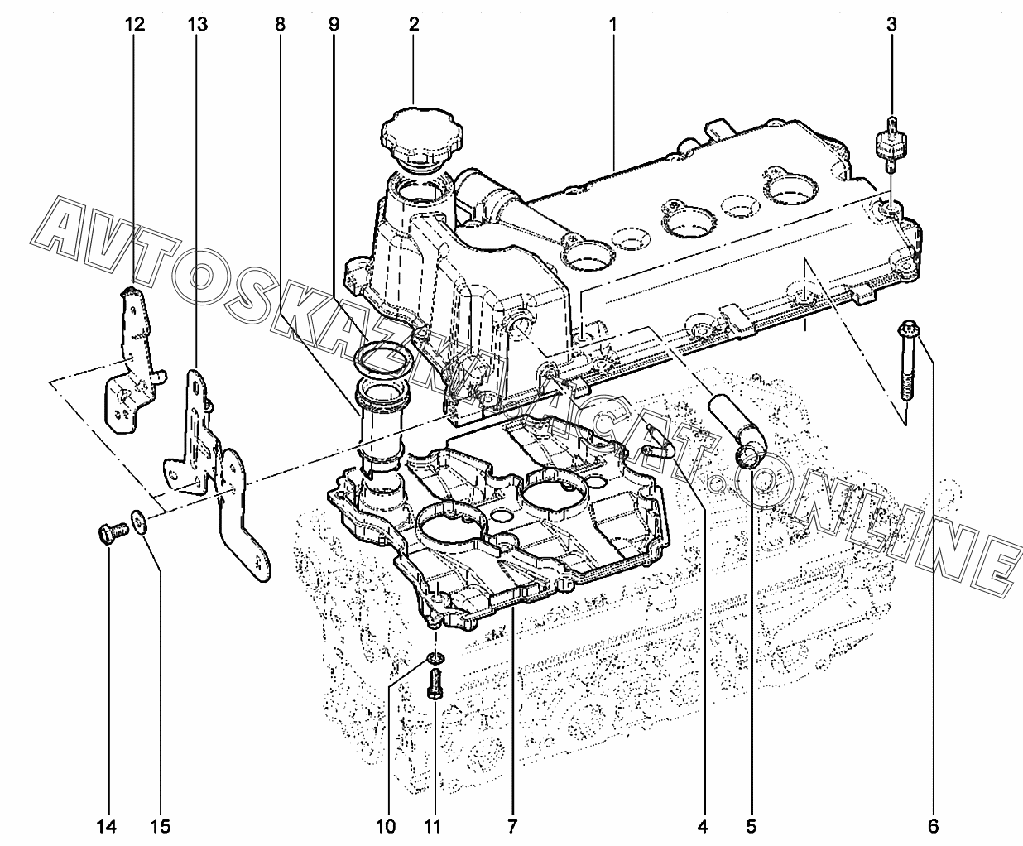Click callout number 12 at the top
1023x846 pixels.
click(x=135, y=24)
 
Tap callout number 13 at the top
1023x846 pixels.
click(x=198, y=24)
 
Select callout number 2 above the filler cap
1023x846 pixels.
click(x=414, y=24)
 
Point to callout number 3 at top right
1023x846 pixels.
click(x=891, y=24)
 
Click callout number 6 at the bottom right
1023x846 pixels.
click(x=934, y=826)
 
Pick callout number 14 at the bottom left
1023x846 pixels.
click(x=107, y=826)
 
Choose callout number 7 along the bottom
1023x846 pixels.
click(x=512, y=826)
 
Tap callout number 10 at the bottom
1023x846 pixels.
click(x=387, y=826)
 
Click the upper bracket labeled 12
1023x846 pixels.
click(x=132, y=363)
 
